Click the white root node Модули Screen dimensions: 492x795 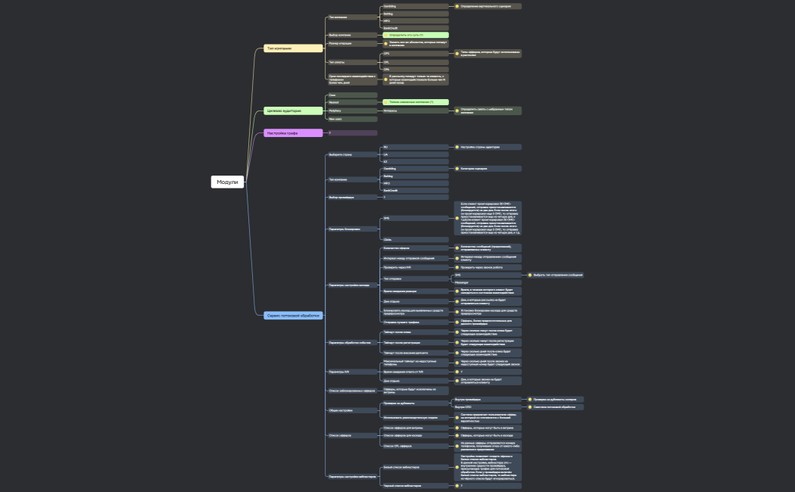click(x=227, y=182)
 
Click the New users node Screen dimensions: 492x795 click(x=351, y=119)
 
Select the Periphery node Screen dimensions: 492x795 click(x=351, y=111)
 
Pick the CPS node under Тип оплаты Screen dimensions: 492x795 click(x=414, y=54)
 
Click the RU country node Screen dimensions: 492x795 click(x=414, y=147)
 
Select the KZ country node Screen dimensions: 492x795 click(x=414, y=161)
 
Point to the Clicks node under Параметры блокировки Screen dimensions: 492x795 click(x=414, y=239)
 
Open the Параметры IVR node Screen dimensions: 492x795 click(x=351, y=372)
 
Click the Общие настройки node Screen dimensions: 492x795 click(x=351, y=409)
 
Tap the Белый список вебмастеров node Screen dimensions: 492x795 click(x=415, y=467)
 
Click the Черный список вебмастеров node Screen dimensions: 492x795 click(x=415, y=485)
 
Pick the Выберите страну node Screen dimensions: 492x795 click(x=351, y=154)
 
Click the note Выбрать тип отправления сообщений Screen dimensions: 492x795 click(x=556, y=275)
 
